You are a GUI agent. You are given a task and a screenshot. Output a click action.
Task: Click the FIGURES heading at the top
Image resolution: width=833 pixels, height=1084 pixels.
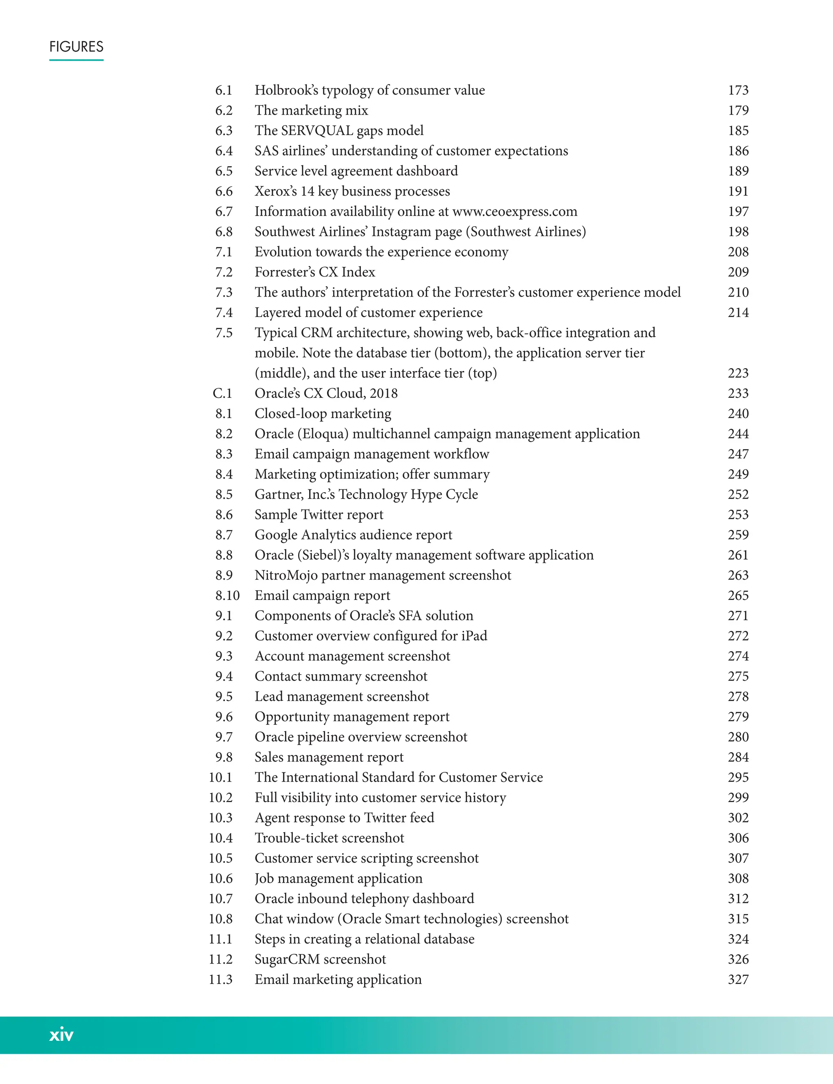point(76,47)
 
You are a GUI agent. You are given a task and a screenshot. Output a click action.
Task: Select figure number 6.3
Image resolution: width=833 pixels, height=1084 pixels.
point(224,131)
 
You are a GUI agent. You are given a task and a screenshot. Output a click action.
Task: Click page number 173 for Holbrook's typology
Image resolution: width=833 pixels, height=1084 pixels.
point(738,90)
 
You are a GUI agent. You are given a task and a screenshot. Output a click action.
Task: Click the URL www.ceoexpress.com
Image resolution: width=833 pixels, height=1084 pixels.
point(515,212)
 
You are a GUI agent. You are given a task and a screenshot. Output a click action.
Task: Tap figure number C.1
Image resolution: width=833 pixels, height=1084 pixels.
point(222,393)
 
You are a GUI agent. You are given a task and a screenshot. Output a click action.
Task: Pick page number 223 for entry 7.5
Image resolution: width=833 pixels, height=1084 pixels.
point(738,373)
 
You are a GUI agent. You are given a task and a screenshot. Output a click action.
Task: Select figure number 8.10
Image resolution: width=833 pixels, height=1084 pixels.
point(227,595)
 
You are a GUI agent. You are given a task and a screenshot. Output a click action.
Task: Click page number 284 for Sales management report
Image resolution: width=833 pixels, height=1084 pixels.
point(738,757)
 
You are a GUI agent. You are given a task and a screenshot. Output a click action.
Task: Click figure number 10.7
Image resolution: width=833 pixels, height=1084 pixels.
point(220,899)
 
